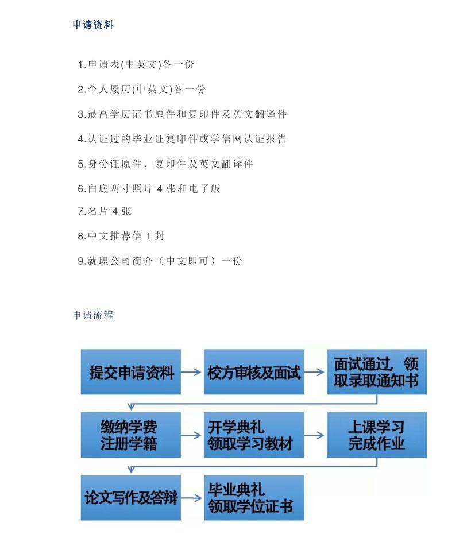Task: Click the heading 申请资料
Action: click(93, 25)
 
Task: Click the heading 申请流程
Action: click(93, 315)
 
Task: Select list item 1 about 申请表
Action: click(136, 64)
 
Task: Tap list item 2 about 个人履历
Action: click(141, 89)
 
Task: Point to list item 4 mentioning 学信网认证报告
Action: click(182, 139)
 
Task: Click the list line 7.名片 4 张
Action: click(105, 211)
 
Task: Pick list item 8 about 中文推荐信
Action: click(121, 236)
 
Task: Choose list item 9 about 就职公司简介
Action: click(160, 261)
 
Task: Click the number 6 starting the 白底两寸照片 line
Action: click(80, 189)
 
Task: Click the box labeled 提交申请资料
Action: click(131, 372)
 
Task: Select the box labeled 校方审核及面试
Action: click(254, 372)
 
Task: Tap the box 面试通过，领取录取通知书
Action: click(377, 372)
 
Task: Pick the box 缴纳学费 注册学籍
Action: click(131, 435)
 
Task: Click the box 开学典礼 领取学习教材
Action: click(254, 435)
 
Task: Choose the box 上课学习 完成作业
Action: click(377, 435)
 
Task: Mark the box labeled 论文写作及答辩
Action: click(131, 498)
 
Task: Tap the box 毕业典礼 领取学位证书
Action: click(254, 498)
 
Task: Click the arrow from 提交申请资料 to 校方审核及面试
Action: click(191, 372)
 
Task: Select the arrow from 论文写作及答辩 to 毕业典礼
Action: click(191, 498)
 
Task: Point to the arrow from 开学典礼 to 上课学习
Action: click(314, 435)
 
